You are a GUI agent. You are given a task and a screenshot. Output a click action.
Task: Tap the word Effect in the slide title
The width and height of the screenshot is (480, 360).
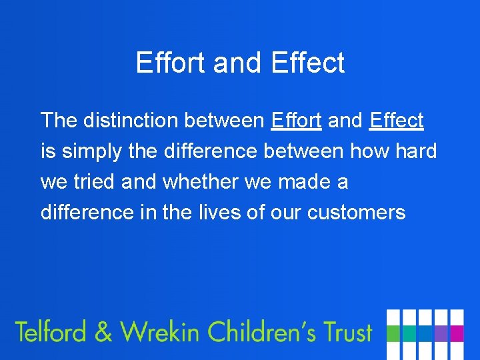308,63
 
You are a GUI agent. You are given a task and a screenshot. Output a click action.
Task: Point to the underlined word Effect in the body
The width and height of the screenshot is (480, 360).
396,121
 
